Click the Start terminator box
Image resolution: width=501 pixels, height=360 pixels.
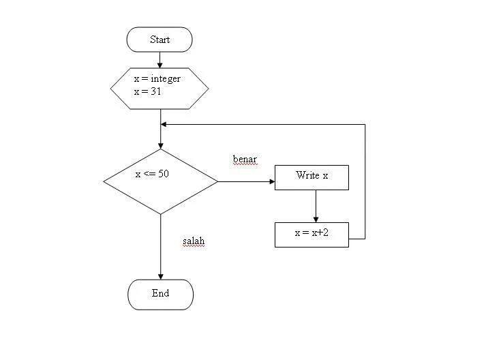click(x=160, y=40)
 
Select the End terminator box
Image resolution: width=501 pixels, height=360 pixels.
click(x=160, y=294)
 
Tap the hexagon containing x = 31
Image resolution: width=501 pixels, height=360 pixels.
click(x=160, y=88)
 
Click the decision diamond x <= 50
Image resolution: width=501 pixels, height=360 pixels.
click(x=160, y=181)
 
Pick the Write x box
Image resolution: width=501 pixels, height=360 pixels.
click(x=312, y=177)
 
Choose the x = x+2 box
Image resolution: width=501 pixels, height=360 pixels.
click(x=312, y=234)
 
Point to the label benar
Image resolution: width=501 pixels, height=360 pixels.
click(x=245, y=160)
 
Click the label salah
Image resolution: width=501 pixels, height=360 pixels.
click(x=194, y=242)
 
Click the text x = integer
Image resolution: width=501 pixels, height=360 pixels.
click(x=157, y=79)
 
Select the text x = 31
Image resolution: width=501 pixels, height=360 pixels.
click(x=147, y=91)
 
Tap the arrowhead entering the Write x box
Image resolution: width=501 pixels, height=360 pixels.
click(x=271, y=182)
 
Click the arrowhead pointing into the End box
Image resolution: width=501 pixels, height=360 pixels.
click(x=160, y=276)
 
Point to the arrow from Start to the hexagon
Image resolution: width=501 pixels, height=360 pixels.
click(x=160, y=59)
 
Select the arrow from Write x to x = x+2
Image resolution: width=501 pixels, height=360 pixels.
click(x=316, y=206)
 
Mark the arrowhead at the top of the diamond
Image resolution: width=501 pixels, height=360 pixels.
click(x=160, y=145)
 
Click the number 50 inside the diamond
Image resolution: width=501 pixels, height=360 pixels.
click(x=164, y=174)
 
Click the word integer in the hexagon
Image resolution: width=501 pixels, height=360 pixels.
click(x=166, y=79)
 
